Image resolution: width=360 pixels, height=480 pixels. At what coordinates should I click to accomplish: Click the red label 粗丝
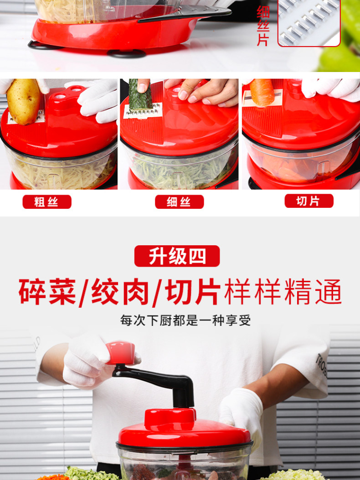47,202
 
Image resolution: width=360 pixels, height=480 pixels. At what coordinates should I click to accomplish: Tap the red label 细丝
180,202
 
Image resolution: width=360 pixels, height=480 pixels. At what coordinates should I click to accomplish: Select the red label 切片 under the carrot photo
309,201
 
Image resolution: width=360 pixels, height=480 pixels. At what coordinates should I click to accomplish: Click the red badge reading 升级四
177,256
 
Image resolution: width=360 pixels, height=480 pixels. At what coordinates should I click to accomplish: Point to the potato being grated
23,101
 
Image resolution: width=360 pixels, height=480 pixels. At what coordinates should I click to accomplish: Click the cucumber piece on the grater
140,95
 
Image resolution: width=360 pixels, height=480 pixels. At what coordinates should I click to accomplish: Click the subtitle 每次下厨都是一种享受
185,320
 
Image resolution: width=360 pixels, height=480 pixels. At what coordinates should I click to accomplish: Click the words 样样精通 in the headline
283,291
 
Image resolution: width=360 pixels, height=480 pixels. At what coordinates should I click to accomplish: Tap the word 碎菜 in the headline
47,291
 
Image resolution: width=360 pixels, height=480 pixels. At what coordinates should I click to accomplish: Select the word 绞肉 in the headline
120,291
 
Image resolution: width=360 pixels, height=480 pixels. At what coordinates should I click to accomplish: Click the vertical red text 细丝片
263,26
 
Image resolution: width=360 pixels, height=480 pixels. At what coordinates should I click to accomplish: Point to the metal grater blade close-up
309,23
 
